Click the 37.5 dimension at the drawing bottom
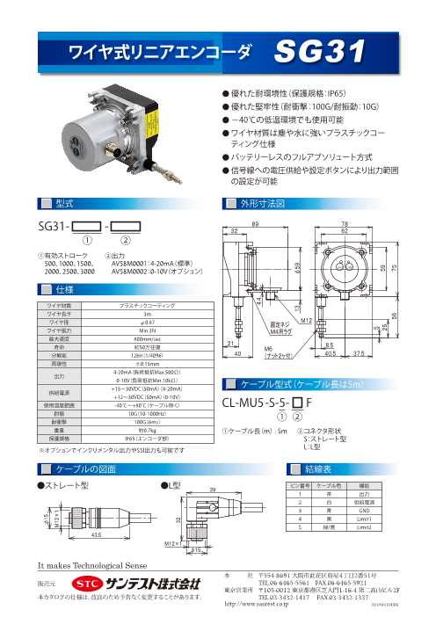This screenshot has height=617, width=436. (x=385, y=356)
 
